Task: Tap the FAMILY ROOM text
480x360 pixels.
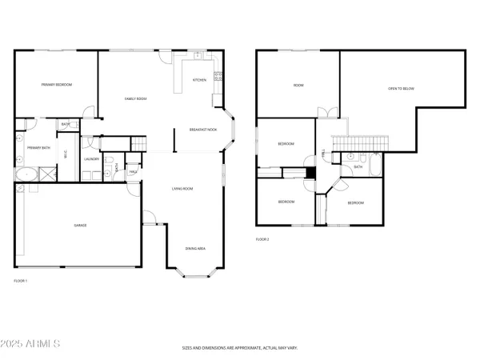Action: pos(135,98)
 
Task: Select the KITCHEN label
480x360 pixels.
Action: pos(200,80)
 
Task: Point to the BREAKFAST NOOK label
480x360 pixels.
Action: pos(203,129)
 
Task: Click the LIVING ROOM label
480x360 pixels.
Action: pos(182,189)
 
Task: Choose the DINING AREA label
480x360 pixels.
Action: pos(195,249)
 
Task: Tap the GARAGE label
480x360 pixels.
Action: pos(80,226)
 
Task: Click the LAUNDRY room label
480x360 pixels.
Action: pos(91,158)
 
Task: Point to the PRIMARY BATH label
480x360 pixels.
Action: pos(34,148)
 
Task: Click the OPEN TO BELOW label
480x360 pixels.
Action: pos(401,88)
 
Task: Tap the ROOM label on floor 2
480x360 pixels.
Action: pos(298,85)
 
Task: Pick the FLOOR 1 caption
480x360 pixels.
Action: pos(21,281)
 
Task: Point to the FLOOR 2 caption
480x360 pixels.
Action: pos(262,239)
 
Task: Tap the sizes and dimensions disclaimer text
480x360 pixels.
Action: pos(240,349)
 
